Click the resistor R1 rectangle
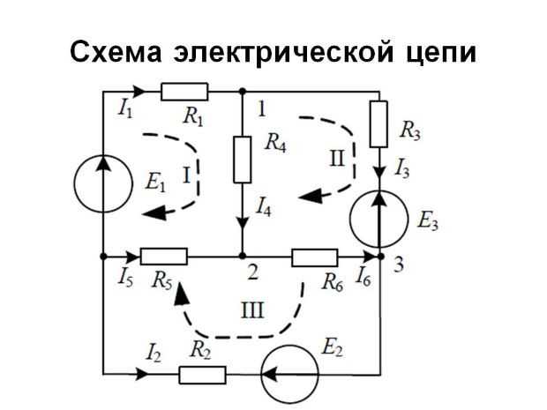(x=184, y=91)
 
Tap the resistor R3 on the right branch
(x=379, y=124)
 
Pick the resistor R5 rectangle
(x=164, y=256)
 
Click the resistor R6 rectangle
(x=315, y=257)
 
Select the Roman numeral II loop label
(x=336, y=159)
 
